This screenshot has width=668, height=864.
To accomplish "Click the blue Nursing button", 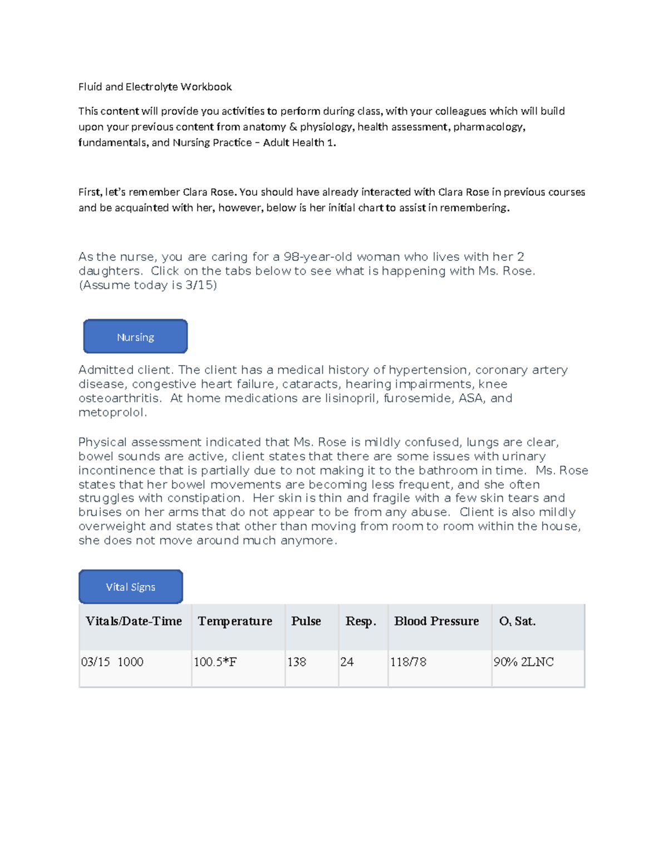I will pos(135,337).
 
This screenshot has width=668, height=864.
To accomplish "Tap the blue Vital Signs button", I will pos(131,587).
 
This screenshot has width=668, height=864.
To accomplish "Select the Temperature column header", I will pos(235,621).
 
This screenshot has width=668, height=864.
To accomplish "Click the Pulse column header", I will pos(306,621).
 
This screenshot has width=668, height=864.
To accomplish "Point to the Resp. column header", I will pos(361,621).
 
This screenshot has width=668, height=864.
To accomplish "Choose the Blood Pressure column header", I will pos(436,621).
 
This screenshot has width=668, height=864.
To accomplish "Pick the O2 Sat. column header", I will pos(517,621).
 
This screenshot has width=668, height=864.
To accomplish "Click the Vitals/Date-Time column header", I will pos(134,621).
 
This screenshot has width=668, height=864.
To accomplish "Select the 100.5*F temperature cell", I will pos(215,662).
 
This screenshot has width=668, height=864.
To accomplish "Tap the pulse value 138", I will pos(297,662).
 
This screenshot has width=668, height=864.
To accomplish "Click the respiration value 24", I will pos(347,662).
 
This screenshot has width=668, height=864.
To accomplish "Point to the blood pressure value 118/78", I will pos(408,662).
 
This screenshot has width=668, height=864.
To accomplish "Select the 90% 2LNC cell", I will pos(523,662).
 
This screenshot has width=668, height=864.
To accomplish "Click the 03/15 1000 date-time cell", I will pos(112,662).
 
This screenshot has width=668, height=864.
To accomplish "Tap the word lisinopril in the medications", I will pos(351,398).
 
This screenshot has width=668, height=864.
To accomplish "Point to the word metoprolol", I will pos(112,413).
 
